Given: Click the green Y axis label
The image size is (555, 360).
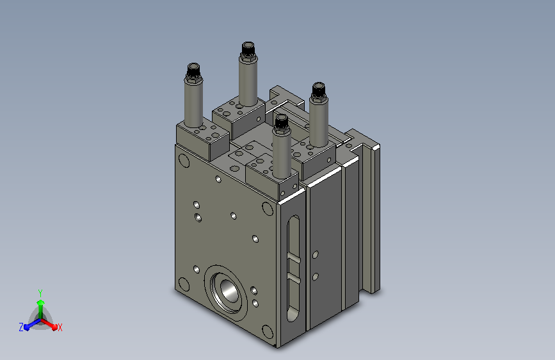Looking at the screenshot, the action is point(40,293).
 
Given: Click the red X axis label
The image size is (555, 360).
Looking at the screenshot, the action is point(60,328).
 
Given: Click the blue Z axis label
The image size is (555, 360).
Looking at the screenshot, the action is point(21,327).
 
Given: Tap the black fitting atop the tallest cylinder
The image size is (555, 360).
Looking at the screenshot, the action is point(248,49).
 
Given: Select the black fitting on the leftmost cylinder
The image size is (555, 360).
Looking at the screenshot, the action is point(193,71).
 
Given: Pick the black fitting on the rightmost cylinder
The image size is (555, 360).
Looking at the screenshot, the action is point(318,90).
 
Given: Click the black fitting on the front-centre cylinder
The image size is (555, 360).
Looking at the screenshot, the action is point(282,122).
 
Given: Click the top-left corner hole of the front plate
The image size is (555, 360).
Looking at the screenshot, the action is point(184,161).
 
